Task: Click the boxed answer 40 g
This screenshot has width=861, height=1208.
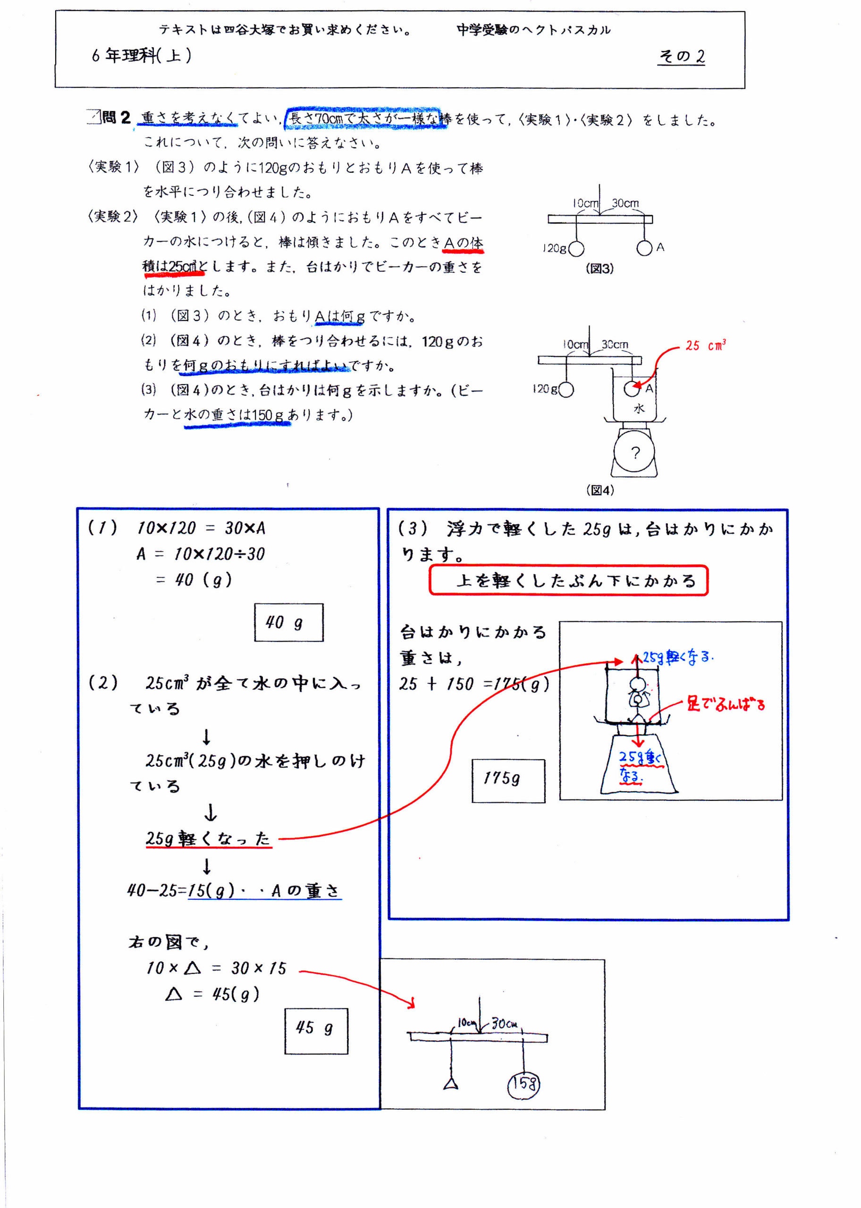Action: [288, 622]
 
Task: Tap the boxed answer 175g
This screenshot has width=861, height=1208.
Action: [508, 780]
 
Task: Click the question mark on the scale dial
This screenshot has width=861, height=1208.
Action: [635, 452]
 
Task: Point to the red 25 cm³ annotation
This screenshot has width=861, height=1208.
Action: [705, 345]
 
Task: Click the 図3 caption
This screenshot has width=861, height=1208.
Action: [599, 268]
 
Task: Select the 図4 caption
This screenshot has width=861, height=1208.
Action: [599, 490]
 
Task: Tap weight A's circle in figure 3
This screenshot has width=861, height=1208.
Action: [644, 248]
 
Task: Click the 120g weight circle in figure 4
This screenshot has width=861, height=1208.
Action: [566, 389]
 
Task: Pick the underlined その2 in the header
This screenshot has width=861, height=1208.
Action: [682, 56]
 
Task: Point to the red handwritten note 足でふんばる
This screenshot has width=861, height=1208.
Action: [726, 704]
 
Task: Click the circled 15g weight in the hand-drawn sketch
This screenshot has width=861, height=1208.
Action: [524, 1083]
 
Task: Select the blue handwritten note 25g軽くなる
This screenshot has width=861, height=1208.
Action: [678, 657]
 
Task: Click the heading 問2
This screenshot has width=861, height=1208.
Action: [116, 117]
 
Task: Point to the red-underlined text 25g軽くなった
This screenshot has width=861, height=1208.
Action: [208, 838]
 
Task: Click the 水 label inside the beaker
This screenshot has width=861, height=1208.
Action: [639, 409]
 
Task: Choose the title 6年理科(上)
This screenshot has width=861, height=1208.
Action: [141, 55]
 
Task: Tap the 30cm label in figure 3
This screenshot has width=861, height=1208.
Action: [625, 203]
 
